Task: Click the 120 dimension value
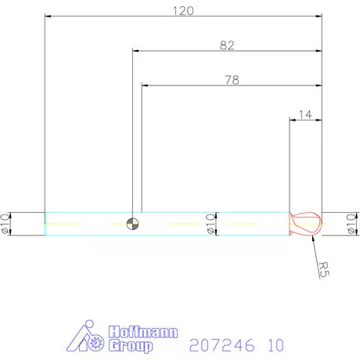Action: coord(183,10)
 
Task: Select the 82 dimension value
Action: coord(227,45)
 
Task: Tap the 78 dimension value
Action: coord(232,80)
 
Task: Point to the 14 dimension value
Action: coord(305,114)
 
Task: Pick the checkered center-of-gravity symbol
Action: coord(134,223)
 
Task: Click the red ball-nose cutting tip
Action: coord(305,223)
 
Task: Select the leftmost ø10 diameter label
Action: coord(5,223)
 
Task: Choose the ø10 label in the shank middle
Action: coord(209,223)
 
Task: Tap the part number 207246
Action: coord(216,344)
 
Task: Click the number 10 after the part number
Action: coord(274,344)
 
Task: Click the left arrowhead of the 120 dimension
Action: coord(49,16)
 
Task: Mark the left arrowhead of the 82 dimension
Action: coord(137,51)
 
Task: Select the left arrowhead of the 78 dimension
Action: coord(146,85)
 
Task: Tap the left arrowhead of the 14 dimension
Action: coord(293,120)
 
